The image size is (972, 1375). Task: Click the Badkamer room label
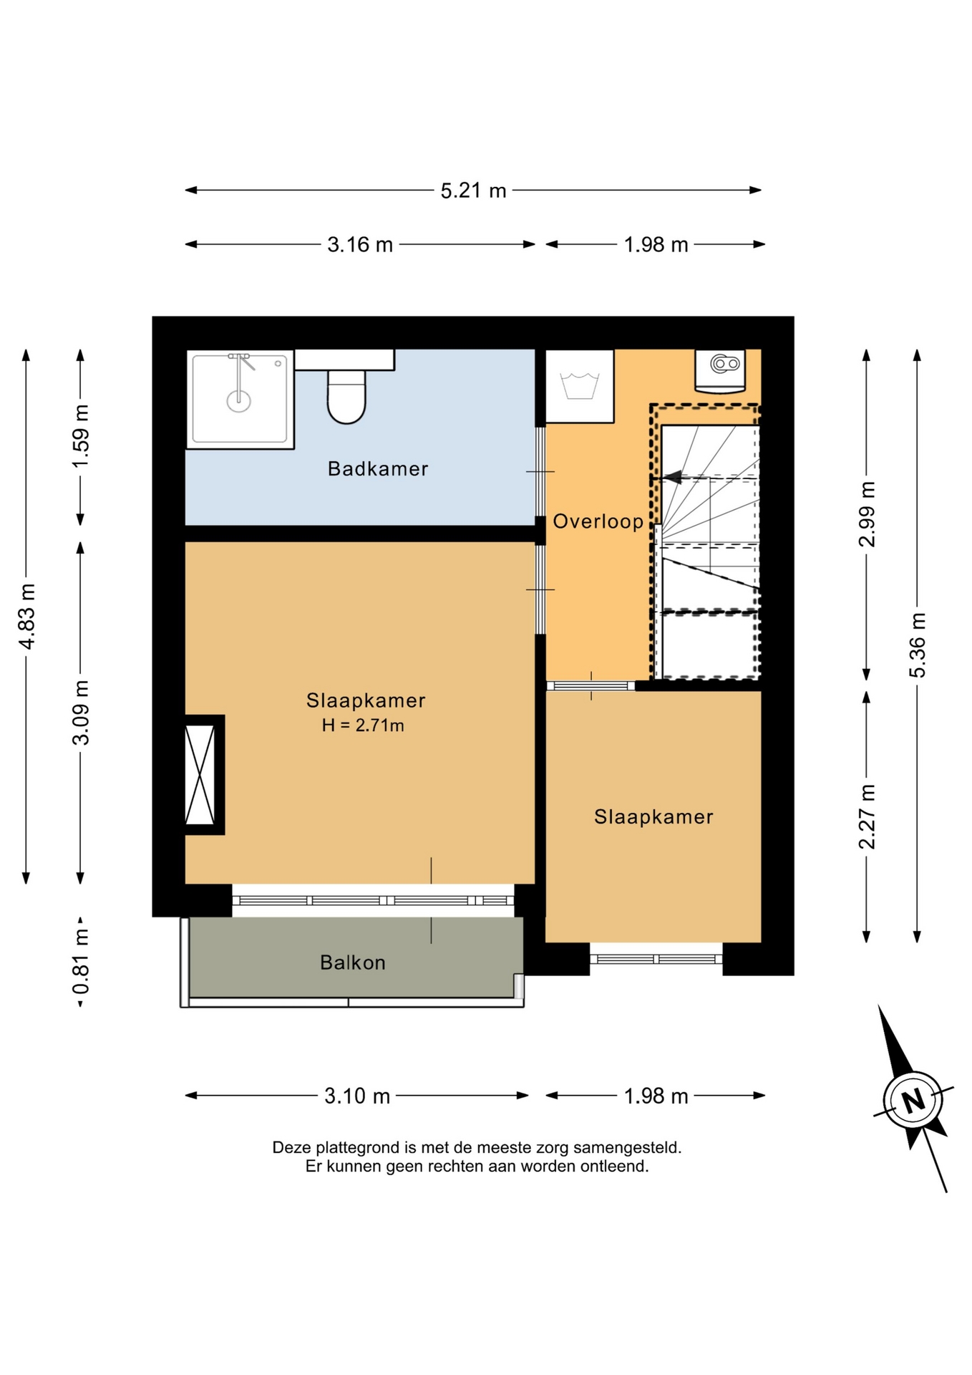click(378, 469)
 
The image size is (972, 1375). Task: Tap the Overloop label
click(598, 521)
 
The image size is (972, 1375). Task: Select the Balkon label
click(353, 962)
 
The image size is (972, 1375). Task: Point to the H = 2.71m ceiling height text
click(363, 725)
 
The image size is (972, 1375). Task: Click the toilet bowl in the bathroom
click(346, 397)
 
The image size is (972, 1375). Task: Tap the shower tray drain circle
click(239, 401)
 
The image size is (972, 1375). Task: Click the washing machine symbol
click(580, 386)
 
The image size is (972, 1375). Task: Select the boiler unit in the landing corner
click(720, 371)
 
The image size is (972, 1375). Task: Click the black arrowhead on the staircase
click(672, 477)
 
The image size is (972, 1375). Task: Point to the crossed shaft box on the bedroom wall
click(200, 775)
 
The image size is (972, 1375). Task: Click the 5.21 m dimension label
click(473, 190)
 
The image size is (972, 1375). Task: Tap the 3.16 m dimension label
click(360, 245)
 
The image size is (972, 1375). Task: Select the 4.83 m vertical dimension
click(26, 617)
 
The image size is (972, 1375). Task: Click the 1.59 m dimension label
click(81, 436)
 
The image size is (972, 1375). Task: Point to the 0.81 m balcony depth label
click(81, 962)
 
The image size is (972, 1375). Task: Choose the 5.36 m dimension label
click(918, 645)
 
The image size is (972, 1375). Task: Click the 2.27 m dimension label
click(867, 817)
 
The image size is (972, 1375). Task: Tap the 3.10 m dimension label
click(357, 1096)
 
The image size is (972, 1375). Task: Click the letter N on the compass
click(913, 1099)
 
